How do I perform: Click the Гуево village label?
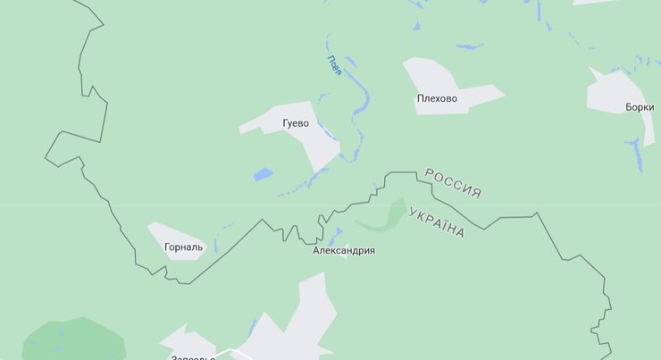[x=296, y=123]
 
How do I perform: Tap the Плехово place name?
[x=436, y=98]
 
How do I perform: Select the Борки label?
[x=640, y=107]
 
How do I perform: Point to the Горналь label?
[x=184, y=247]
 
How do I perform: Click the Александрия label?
[x=344, y=251]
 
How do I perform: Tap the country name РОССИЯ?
[x=453, y=182]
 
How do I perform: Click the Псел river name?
[x=334, y=65]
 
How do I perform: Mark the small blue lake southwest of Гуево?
[x=262, y=174]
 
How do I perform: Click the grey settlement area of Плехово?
[x=429, y=76]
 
